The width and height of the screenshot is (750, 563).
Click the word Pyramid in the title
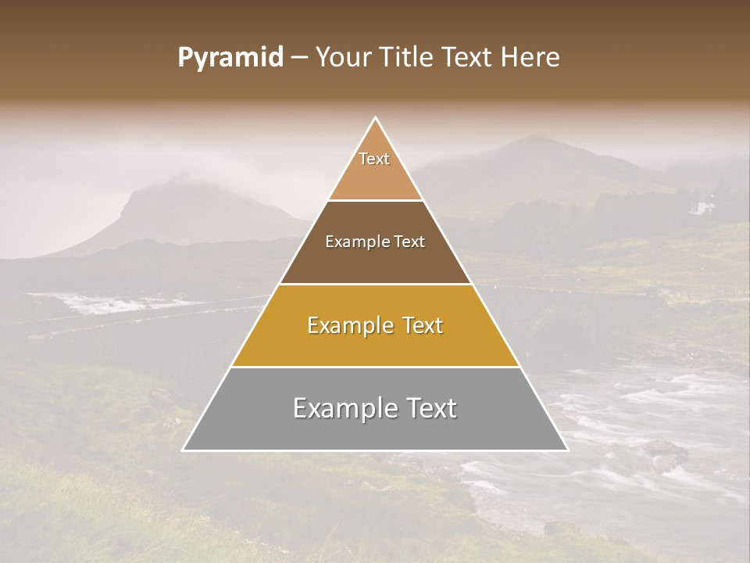pos(230,58)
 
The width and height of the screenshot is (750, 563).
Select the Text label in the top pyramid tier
pos(374,159)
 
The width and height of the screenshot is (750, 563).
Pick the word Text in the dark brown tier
pos(409,242)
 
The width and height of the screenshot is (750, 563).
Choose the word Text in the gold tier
pos(422,325)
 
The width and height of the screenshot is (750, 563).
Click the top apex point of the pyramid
pos(376,118)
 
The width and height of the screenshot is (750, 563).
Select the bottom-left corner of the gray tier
pos(184,450)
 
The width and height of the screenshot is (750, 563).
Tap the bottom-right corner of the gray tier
pos(568,450)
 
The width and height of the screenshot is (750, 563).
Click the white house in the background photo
pos(705,207)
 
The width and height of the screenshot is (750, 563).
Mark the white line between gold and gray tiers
pos(376,368)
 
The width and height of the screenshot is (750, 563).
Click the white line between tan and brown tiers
pos(376,201)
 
